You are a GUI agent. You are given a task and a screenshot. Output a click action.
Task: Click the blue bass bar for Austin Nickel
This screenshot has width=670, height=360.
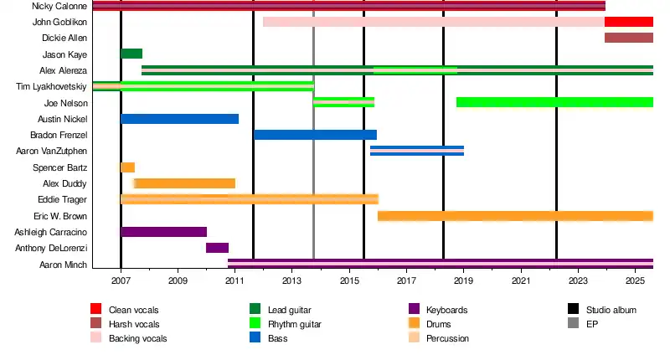pos(179,119)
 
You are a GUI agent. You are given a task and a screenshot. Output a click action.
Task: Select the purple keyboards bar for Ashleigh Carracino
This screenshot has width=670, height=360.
pos(163,232)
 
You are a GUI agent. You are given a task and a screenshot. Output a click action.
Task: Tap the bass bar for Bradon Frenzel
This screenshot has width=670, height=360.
pos(315,135)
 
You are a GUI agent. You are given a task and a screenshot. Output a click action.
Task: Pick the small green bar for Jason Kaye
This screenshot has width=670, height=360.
pos(131,54)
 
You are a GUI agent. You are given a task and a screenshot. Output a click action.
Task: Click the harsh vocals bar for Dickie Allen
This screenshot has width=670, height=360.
pos(628,38)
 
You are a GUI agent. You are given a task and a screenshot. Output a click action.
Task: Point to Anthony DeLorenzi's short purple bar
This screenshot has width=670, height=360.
pos(217,248)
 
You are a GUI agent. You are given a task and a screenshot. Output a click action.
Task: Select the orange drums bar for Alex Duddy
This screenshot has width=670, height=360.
pos(185,183)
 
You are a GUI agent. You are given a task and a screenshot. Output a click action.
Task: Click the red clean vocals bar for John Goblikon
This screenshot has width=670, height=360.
pos(628,22)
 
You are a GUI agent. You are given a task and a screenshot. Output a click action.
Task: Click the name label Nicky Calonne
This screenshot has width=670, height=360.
pos(59,6)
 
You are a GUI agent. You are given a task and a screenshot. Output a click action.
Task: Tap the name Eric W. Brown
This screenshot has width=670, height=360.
pos(59,216)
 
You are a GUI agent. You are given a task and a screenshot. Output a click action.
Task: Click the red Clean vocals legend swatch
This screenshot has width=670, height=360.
pos(95,310)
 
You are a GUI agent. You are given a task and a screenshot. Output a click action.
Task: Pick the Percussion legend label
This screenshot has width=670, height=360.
pos(447,338)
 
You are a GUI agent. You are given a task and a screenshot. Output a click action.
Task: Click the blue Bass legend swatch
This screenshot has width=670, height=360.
pos(255,338)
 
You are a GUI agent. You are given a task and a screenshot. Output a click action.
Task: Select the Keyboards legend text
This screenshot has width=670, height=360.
pos(447,310)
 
